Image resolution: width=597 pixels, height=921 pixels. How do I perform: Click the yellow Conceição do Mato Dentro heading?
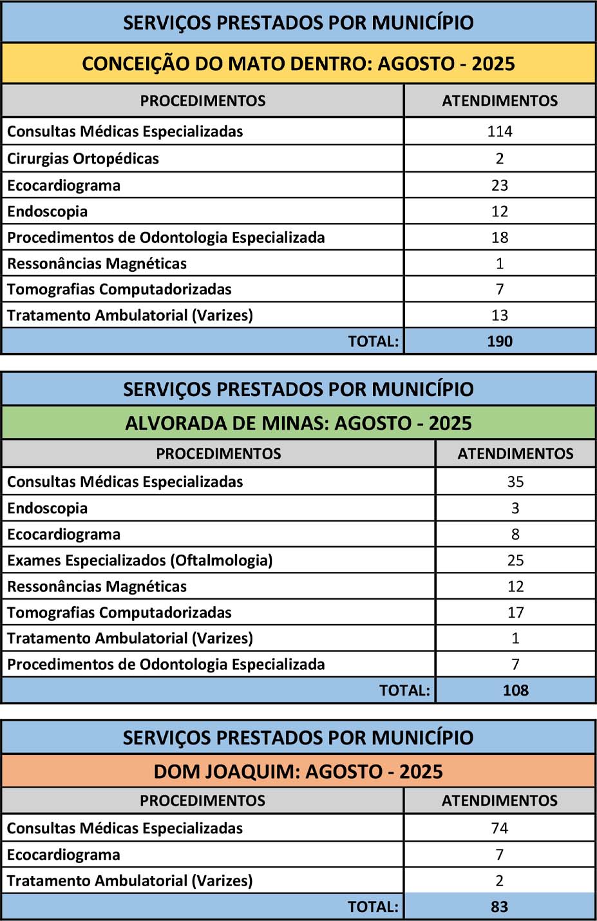pos(298,64)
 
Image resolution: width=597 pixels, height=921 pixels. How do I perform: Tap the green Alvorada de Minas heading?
pos(298,423)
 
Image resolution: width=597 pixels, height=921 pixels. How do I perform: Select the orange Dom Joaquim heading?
pos(298,772)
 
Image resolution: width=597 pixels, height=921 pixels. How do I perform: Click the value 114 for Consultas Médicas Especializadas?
pos(500,131)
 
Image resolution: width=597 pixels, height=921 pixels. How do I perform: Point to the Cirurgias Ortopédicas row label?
pos(83,158)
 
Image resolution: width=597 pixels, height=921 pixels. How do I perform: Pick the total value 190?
pos(500,341)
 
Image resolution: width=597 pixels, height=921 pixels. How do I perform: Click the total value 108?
pos(515,690)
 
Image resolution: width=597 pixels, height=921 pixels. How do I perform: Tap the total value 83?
pos(499,907)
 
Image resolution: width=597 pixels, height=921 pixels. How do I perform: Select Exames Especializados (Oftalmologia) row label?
pos(140,560)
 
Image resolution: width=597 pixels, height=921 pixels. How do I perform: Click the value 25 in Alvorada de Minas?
pos(515,560)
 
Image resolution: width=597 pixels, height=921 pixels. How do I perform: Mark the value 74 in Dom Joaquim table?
pos(499,828)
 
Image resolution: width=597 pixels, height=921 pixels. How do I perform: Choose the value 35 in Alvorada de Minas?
pos(515,482)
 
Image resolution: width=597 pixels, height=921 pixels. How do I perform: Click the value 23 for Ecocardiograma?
pos(500,185)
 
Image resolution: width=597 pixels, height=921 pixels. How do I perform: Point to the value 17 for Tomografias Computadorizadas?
pos(515,612)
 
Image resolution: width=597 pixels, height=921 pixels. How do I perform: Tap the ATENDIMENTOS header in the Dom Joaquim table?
pos(499,801)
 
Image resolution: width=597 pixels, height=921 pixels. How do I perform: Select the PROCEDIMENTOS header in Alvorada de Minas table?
pos(218,453)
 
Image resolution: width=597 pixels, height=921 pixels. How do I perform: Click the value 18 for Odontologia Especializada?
pos(500,238)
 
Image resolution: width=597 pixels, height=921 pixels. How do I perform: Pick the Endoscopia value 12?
pos(500,211)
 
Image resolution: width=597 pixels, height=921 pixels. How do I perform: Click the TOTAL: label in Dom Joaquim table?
pos(373,907)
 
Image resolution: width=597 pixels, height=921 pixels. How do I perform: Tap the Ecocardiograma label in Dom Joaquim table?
pos(63,855)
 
